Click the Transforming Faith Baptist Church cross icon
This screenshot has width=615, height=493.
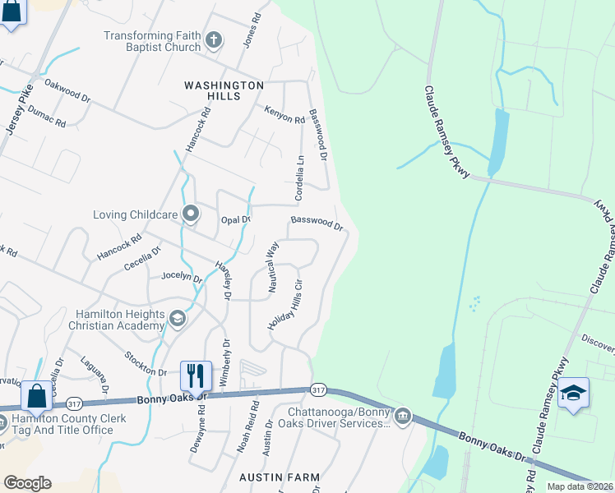pyautogui.click(x=214, y=40)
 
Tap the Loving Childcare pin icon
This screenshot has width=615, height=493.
pyautogui.click(x=191, y=214)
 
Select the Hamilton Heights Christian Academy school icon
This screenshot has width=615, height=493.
pyautogui.click(x=177, y=318)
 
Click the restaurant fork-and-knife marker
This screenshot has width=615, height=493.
pyautogui.click(x=196, y=376)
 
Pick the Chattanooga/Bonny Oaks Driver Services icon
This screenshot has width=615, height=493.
pyautogui.click(x=402, y=416)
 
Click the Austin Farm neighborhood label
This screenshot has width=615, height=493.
pyautogui.click(x=279, y=477)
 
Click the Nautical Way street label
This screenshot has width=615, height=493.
pyautogui.click(x=273, y=266)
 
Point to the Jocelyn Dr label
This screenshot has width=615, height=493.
pyautogui.click(x=182, y=277)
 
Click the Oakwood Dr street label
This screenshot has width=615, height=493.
pyautogui.click(x=67, y=90)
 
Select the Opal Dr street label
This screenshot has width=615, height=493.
pyautogui.click(x=235, y=219)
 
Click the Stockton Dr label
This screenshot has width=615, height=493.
pyautogui.click(x=145, y=364)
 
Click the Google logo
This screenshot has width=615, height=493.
pyautogui.click(x=27, y=483)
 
